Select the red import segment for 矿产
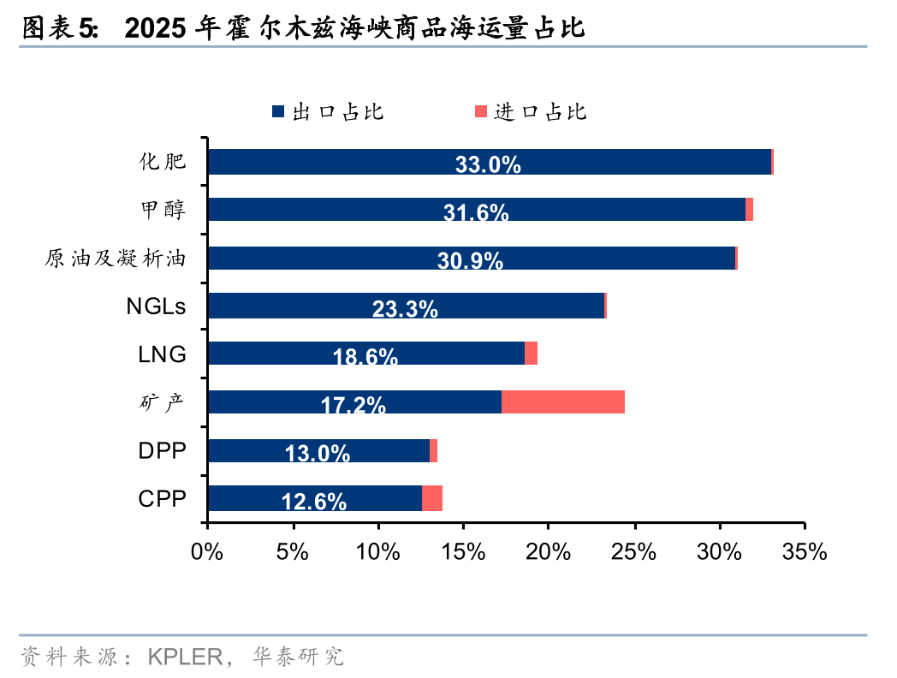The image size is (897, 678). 562,402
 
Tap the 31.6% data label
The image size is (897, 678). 476,212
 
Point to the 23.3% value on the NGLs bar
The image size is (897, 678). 405,309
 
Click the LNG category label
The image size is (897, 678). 162,354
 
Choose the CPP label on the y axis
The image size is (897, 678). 162,498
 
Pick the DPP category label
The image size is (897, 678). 162,450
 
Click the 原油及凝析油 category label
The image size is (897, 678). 115,258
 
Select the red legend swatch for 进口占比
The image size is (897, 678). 481,112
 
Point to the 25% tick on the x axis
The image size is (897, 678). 634,552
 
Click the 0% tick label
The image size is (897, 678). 208,552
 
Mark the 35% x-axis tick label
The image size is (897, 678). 805,552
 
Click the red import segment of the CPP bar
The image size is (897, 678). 432,498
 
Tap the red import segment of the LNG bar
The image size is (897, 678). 531,354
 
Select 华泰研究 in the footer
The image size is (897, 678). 298,657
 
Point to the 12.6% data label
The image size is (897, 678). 314,502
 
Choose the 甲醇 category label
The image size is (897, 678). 162,210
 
